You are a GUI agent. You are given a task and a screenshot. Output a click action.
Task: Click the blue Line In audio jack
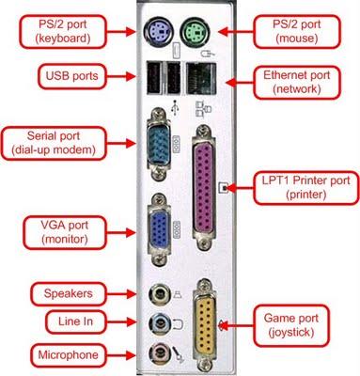coord(156,322)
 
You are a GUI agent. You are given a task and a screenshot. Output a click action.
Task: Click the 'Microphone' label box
coord(69,355)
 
